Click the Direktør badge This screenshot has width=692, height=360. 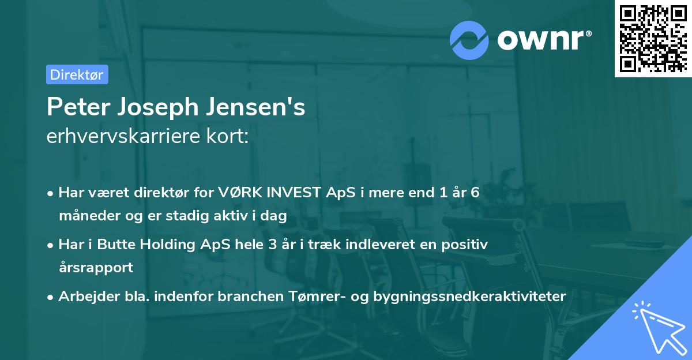[x=77, y=74]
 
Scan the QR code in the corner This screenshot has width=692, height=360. [x=652, y=39]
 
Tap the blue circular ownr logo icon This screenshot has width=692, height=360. [x=469, y=40]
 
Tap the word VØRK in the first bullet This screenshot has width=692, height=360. [x=237, y=193]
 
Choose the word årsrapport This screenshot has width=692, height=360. [x=96, y=267]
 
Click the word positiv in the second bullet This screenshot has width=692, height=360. [x=467, y=245]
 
